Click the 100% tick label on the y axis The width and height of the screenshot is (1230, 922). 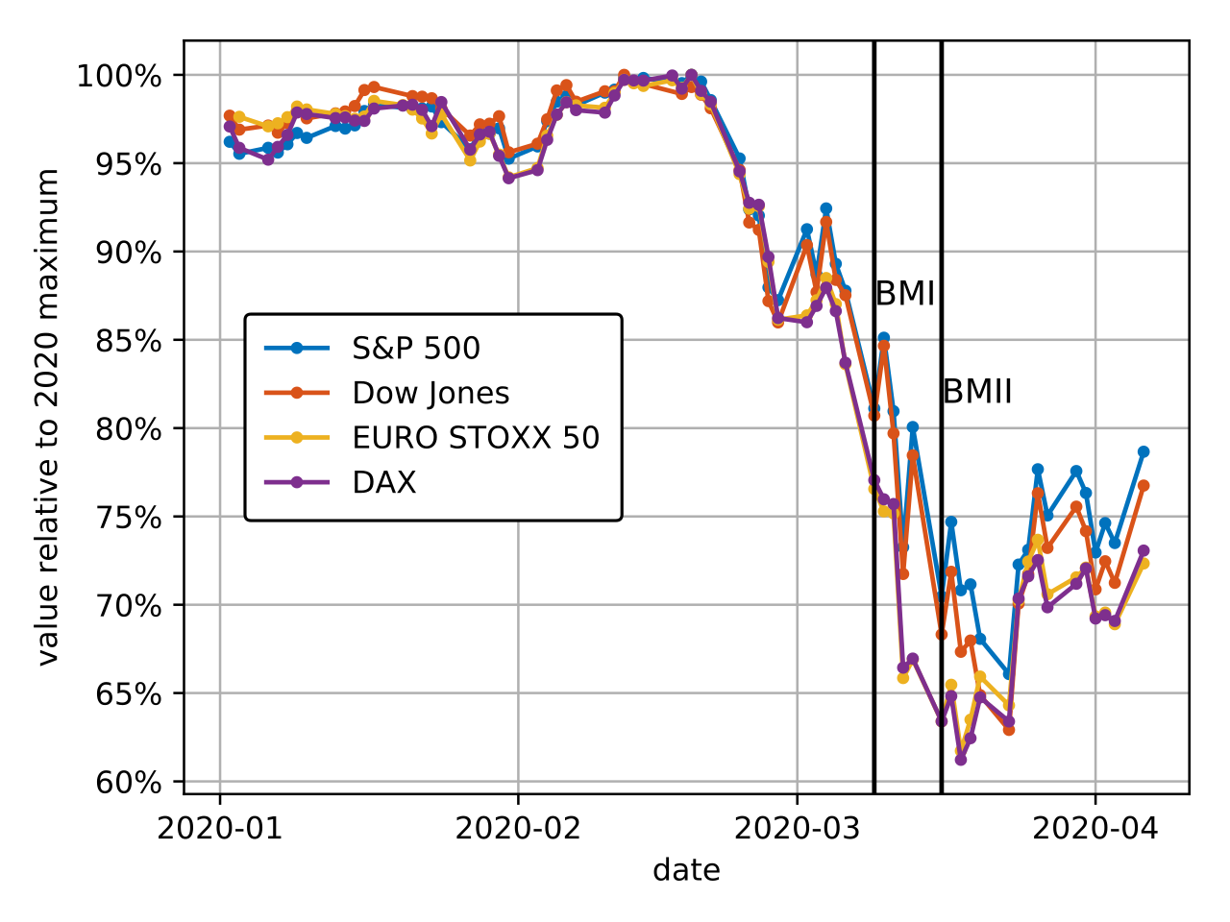click(119, 76)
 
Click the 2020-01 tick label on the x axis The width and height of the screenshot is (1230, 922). click(220, 828)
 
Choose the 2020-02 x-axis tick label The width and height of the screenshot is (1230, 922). click(518, 828)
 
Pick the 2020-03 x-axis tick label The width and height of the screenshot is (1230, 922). click(797, 828)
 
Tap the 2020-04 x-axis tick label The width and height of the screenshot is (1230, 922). click(1095, 828)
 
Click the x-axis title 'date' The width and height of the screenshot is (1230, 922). click(686, 870)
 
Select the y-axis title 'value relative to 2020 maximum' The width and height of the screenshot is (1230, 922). click(48, 417)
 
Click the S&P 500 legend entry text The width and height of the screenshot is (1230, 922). click(416, 349)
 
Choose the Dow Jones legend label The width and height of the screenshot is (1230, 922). click(430, 393)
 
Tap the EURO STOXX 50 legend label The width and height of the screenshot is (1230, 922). click(476, 438)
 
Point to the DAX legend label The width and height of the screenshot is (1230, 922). click(384, 482)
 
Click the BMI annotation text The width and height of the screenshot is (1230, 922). click(905, 294)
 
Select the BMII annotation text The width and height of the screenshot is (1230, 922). click(977, 392)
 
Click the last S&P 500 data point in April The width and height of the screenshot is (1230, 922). click(1144, 451)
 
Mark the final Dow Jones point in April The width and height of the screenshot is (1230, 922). click(1144, 486)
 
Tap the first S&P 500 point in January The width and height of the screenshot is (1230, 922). click(230, 141)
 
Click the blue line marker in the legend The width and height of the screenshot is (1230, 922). click(297, 349)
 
